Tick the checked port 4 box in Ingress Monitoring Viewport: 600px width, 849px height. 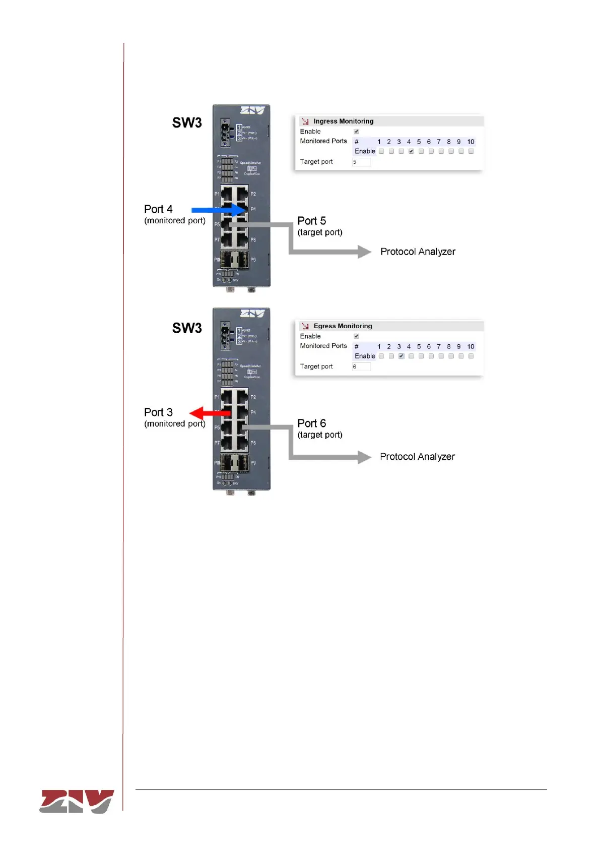[x=411, y=151]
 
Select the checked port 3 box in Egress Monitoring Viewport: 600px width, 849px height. [x=401, y=356]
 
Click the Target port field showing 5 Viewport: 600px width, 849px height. [x=361, y=162]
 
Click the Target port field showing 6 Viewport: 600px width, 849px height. [x=361, y=367]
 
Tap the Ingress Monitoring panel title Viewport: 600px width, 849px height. [x=343, y=121]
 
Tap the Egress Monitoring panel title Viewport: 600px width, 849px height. [x=343, y=326]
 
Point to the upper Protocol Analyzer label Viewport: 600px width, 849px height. [x=418, y=252]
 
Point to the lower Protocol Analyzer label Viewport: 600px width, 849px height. [x=417, y=457]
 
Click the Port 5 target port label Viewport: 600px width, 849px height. [x=312, y=221]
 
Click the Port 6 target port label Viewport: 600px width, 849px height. [x=312, y=423]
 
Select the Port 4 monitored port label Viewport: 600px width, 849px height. [x=158, y=209]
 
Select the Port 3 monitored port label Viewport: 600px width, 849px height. [x=158, y=412]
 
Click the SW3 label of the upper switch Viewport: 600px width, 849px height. [x=187, y=123]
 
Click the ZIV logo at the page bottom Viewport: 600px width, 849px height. [x=77, y=801]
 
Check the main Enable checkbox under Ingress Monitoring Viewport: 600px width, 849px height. [x=356, y=132]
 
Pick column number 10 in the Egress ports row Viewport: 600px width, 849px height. [x=471, y=346]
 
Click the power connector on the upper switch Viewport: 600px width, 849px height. [x=225, y=133]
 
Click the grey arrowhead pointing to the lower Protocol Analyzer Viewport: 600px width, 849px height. [x=364, y=457]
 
